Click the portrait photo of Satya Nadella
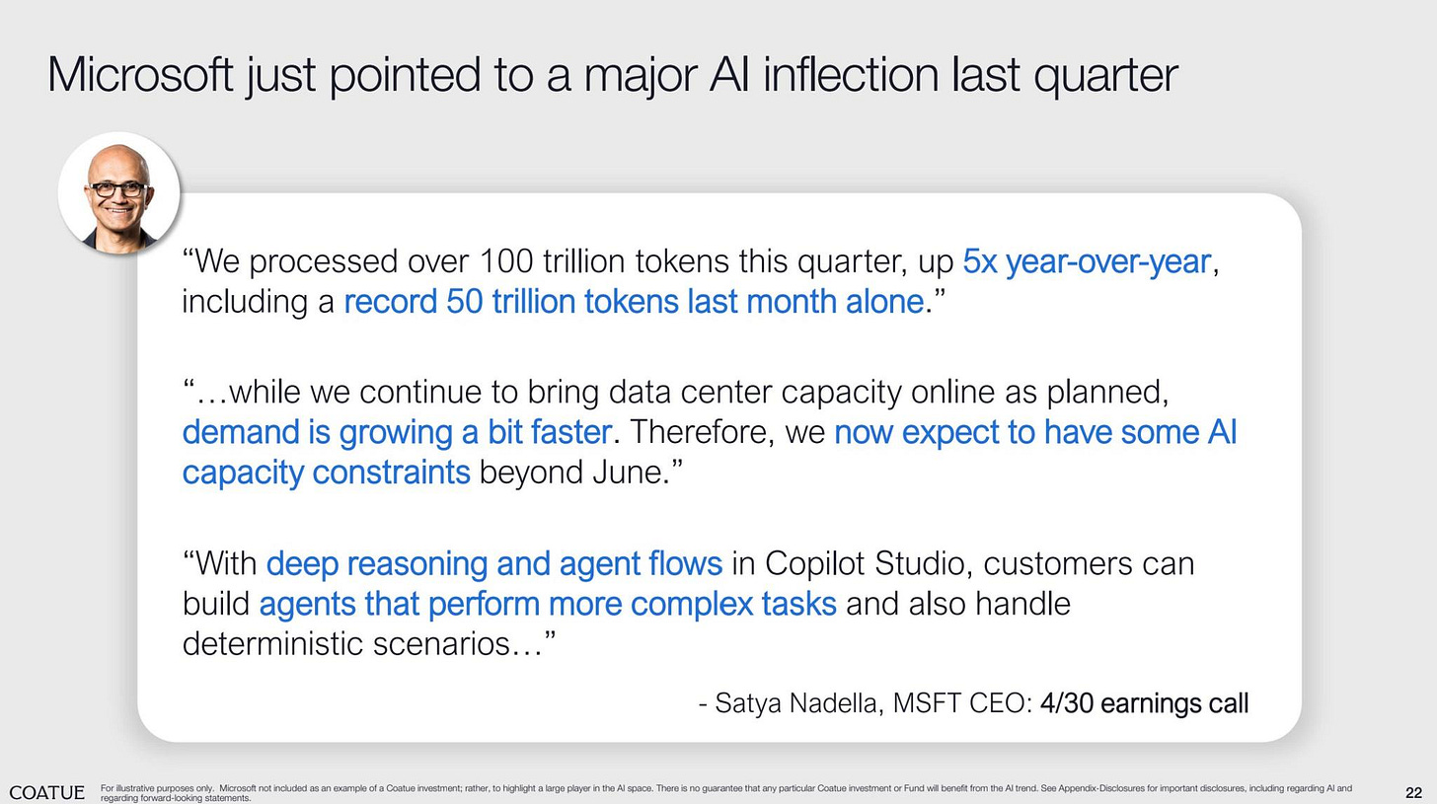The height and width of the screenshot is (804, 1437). tap(118, 193)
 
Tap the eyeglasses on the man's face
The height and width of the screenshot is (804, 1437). tap(117, 188)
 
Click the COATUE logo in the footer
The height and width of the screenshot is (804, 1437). tap(46, 792)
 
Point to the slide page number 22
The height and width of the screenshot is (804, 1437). tap(1413, 792)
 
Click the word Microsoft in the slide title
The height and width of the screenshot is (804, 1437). tap(139, 75)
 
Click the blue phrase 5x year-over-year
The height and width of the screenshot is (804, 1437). tap(1086, 261)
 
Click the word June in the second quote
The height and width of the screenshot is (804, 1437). tap(627, 472)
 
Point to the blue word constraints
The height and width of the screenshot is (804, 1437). tap(390, 472)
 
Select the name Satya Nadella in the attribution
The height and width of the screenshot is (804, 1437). tap(798, 703)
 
